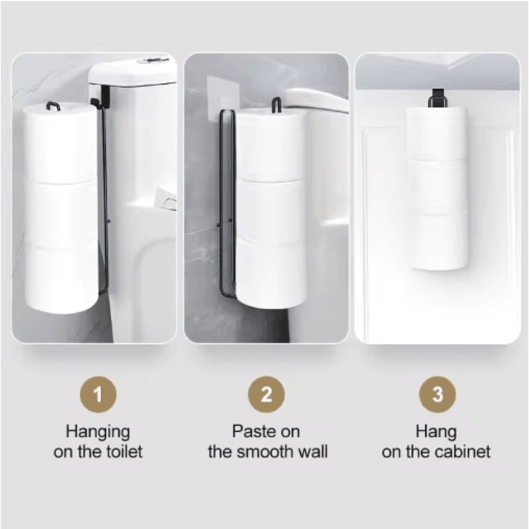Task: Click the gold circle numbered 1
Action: click(97, 395)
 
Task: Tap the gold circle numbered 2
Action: click(266, 395)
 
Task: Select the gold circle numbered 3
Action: click(437, 395)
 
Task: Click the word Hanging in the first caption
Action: click(97, 432)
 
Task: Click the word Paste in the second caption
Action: click(252, 432)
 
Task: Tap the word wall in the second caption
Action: click(313, 452)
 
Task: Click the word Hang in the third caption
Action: click(436, 432)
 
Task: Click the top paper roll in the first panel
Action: click(60, 142)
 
